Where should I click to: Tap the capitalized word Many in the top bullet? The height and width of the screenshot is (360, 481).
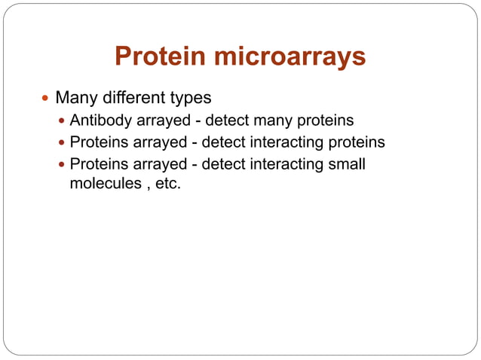(76, 98)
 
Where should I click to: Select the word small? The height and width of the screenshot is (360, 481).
(347, 163)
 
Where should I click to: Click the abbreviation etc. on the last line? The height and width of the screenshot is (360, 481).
(167, 183)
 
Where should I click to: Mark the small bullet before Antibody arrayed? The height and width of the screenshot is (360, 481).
(62, 121)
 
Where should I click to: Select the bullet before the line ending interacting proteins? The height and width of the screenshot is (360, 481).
(62, 142)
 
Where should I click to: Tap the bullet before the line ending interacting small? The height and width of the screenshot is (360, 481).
(62, 163)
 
